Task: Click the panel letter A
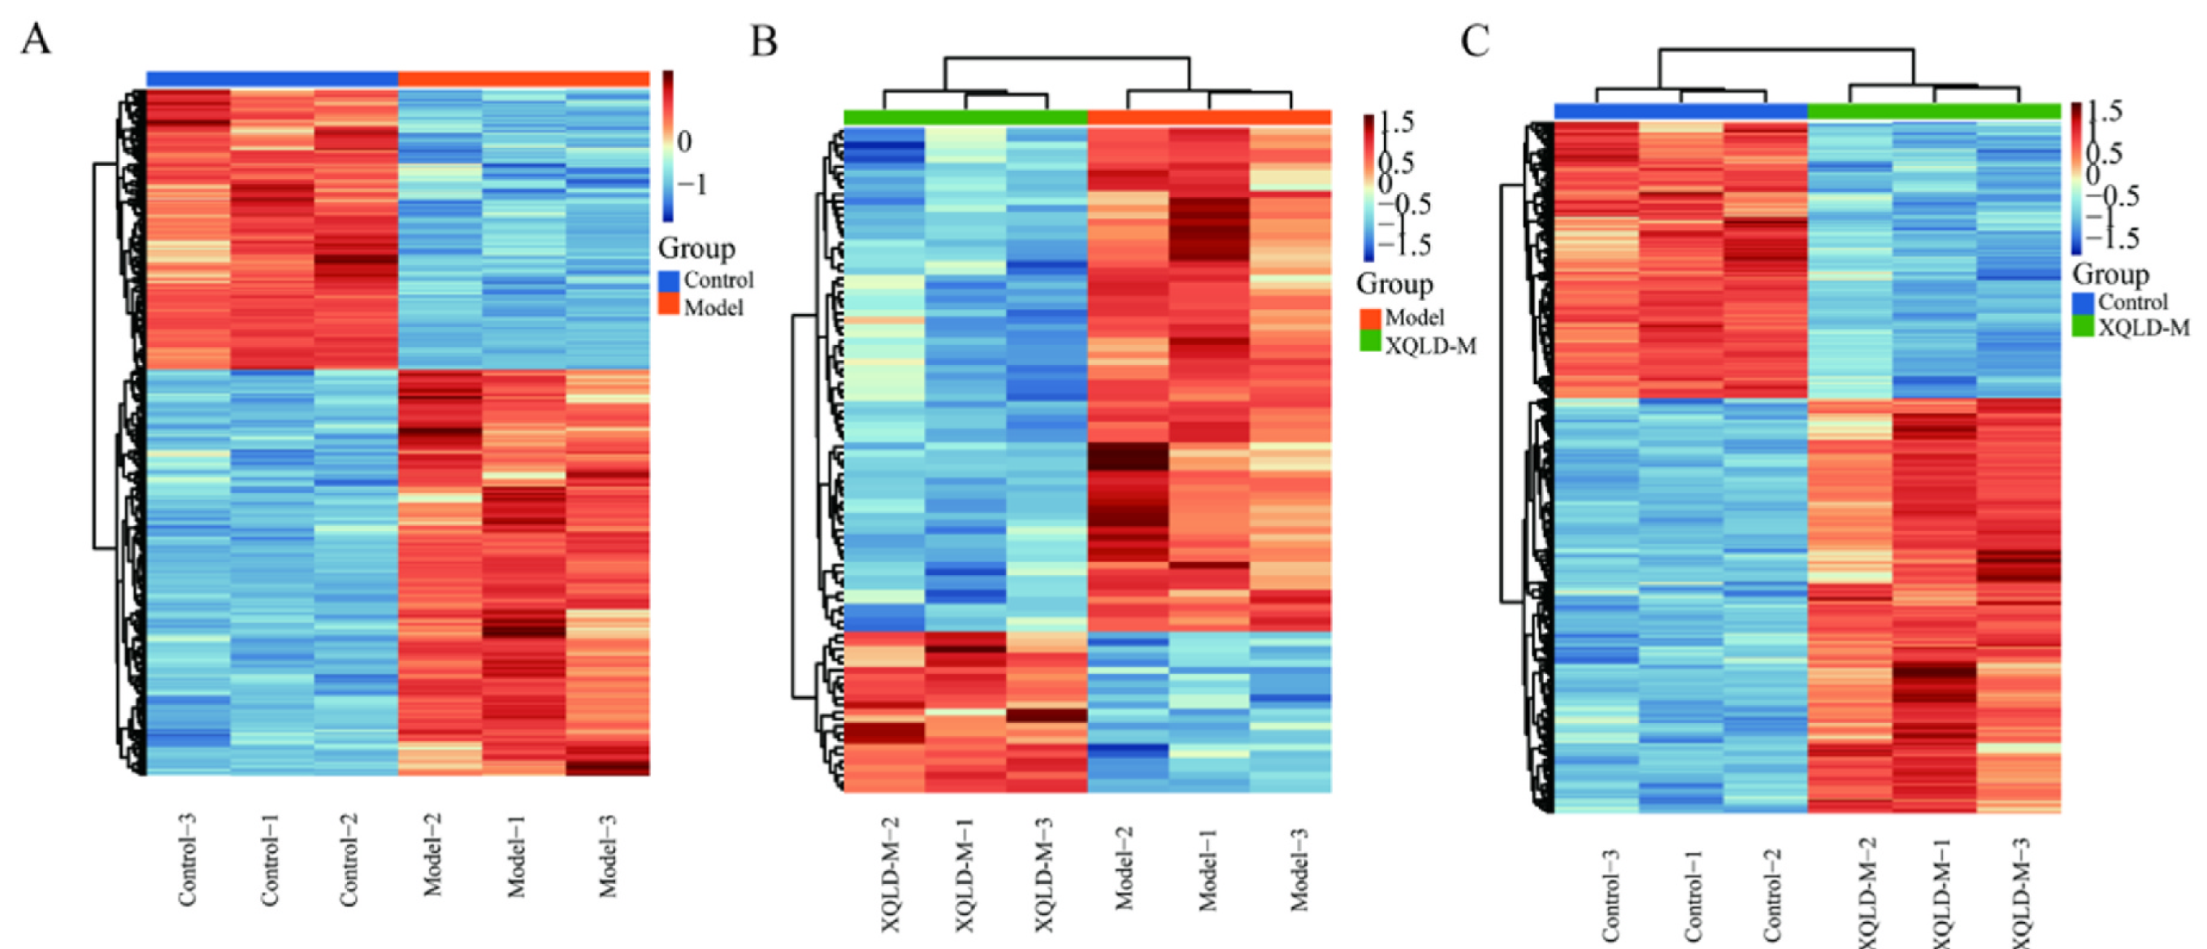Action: click(x=35, y=39)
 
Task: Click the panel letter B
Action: click(x=763, y=41)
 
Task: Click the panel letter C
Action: click(x=1475, y=41)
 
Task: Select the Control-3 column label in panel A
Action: click(x=188, y=859)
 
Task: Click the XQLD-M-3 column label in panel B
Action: click(x=1044, y=874)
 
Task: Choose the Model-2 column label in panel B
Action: click(x=1124, y=868)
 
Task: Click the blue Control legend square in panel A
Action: click(x=669, y=281)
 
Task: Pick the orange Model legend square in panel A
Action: click(x=669, y=304)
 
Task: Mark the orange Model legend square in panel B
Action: click(x=1370, y=318)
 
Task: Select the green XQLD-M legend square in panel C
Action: click(x=2083, y=326)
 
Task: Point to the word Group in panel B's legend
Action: click(x=1394, y=284)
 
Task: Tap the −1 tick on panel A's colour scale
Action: click(x=692, y=185)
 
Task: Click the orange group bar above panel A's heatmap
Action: click(x=523, y=79)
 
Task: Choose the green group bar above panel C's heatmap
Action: click(x=1934, y=111)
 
